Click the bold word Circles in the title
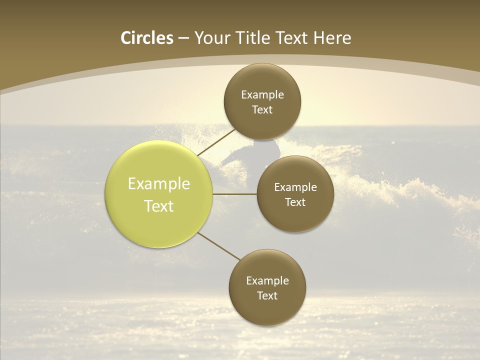(x=147, y=38)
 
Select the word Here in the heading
(x=332, y=38)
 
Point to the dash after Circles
(x=183, y=38)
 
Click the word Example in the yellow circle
(x=159, y=184)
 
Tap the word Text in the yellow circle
(x=159, y=206)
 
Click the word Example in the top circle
(x=262, y=95)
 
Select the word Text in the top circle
(x=262, y=110)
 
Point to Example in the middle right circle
(x=295, y=187)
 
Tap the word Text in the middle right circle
(x=295, y=202)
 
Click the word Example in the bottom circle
(x=267, y=281)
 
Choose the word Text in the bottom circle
(x=267, y=296)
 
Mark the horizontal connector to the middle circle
(x=235, y=194)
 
